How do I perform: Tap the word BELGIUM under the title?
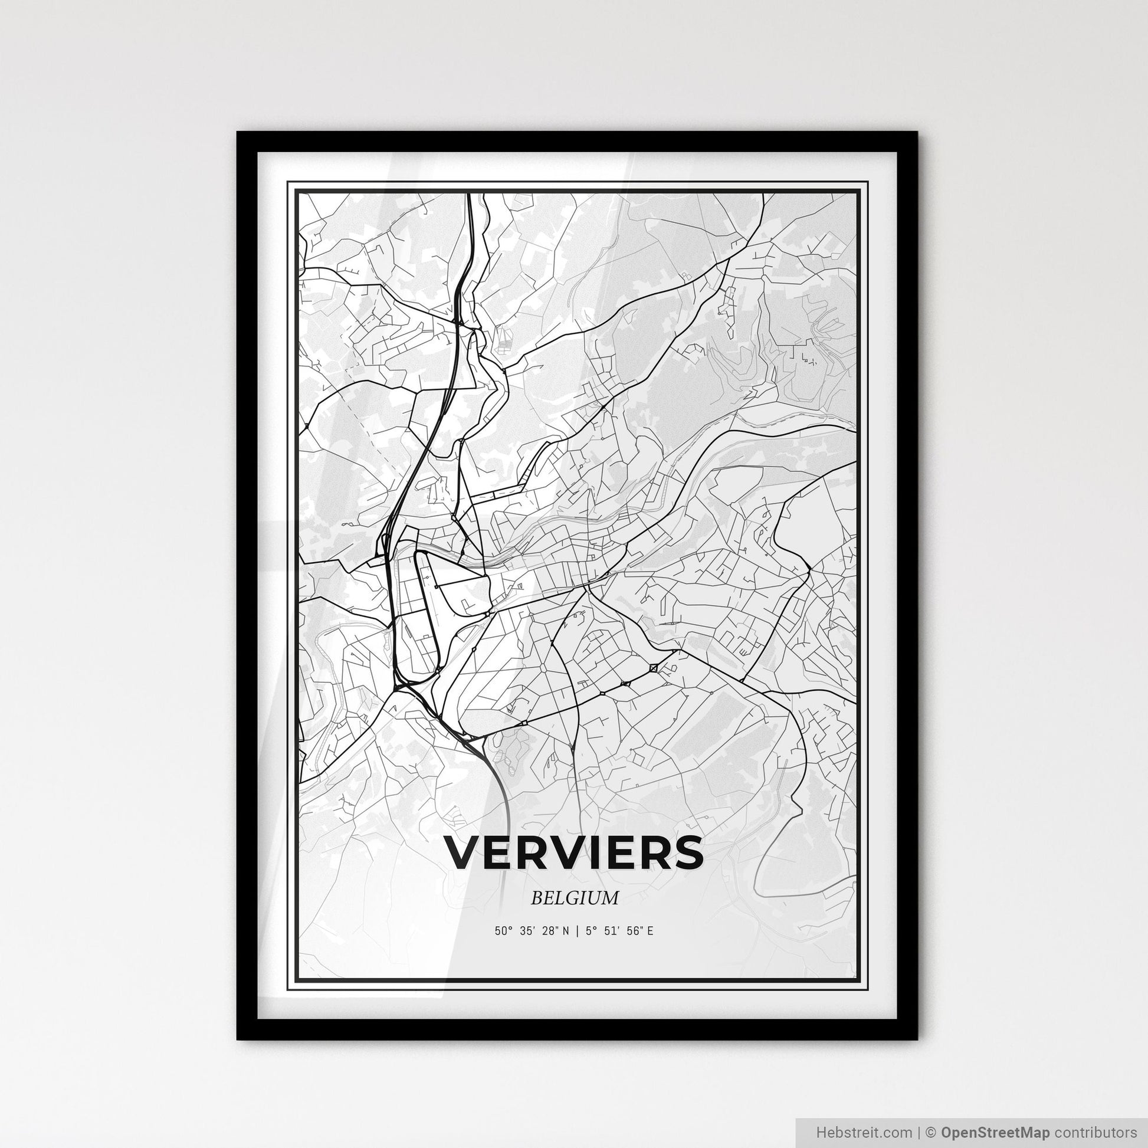pos(575,898)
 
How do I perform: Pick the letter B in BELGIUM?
pos(536,898)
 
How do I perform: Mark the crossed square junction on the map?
pos(654,668)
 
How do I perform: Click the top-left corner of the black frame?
pos(238,133)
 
